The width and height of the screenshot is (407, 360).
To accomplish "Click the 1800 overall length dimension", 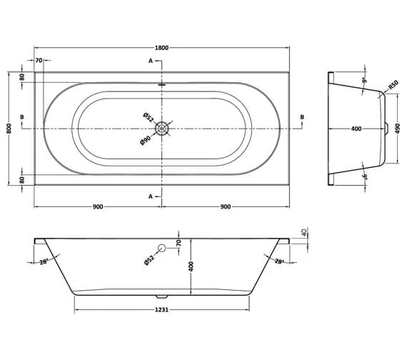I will coord(163,47).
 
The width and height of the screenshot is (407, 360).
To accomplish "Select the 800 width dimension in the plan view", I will coord(9,128).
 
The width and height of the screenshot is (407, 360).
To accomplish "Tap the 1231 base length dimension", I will coord(164,309).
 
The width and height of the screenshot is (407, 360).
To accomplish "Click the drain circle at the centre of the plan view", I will coord(163,128).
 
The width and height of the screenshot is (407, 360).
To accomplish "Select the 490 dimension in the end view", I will coord(398,129).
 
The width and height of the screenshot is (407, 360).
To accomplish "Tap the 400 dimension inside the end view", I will coord(356,129).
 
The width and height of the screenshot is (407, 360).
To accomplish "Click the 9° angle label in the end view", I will coord(363,81).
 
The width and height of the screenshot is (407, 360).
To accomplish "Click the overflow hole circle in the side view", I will coord(162,248).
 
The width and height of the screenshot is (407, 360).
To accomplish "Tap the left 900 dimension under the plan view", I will coord(98,206).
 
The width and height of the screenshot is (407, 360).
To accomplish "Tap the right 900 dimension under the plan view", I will coord(226,206).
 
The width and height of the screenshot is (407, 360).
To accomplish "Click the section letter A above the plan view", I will coord(151,61).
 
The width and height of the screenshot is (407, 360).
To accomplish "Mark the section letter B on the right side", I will coord(302,117).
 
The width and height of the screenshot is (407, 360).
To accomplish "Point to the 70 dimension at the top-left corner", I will coord(39,61).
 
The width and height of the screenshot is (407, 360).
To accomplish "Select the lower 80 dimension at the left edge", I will coord(22,179).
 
